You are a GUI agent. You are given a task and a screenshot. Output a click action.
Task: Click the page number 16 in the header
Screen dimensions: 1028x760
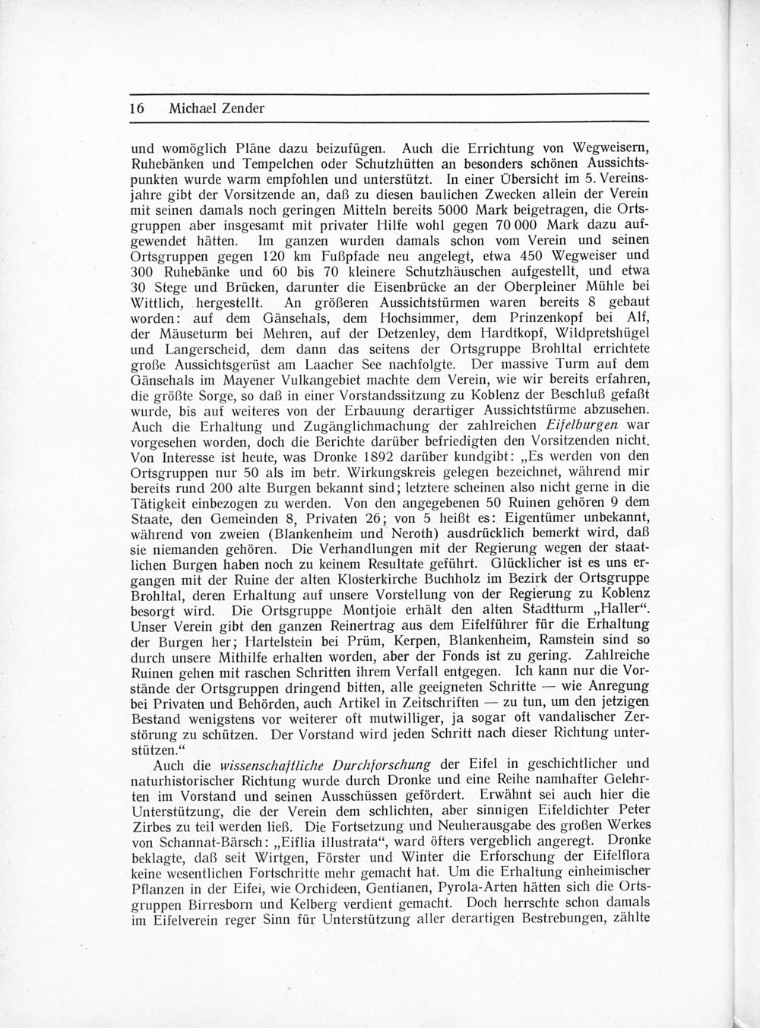pyautogui.click(x=138, y=108)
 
